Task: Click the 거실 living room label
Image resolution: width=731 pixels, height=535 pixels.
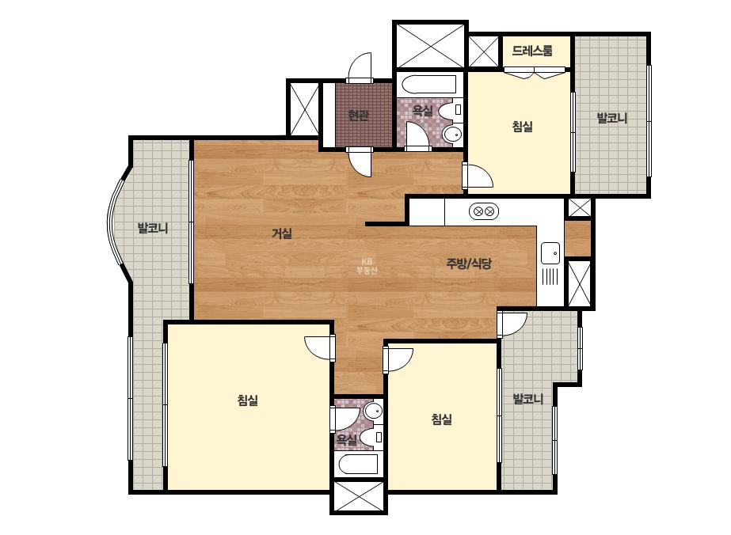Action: [x=282, y=233]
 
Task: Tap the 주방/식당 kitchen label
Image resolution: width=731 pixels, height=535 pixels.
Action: [x=469, y=264]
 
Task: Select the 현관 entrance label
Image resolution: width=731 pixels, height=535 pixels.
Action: [x=358, y=115]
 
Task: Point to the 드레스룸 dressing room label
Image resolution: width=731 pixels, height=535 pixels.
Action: [x=532, y=51]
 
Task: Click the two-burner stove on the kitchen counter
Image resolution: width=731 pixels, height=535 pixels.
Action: [x=484, y=211]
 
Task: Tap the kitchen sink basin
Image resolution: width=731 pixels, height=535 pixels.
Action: [x=550, y=253]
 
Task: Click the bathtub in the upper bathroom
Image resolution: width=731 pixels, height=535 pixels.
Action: [x=429, y=85]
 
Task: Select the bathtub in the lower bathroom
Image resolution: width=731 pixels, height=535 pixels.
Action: [x=358, y=464]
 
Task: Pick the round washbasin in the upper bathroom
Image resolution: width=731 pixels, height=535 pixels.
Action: [x=451, y=135]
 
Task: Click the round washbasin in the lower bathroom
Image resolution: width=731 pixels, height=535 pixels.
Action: [x=373, y=411]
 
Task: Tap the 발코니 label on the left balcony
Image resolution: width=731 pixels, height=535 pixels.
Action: [x=153, y=229]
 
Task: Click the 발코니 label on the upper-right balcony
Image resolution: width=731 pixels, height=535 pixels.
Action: [x=611, y=118]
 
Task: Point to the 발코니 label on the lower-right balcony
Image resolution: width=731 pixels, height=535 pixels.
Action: [x=527, y=399]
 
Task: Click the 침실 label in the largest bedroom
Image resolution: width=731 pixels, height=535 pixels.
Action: [x=248, y=400]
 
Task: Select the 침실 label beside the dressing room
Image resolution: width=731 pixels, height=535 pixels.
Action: [x=522, y=127]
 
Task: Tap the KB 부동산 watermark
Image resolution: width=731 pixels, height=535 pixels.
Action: [x=367, y=266]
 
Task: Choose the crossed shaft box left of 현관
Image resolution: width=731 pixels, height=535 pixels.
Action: [x=304, y=108]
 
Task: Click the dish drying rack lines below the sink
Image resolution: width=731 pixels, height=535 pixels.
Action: [x=550, y=276]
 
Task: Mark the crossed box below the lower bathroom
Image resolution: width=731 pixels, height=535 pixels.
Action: [x=359, y=496]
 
